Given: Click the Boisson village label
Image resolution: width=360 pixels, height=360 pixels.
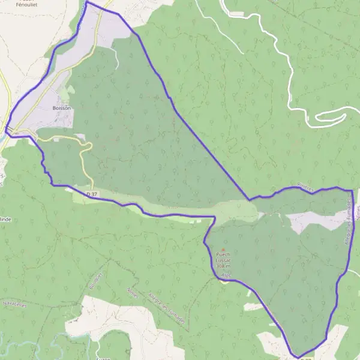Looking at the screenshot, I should click(x=62, y=109).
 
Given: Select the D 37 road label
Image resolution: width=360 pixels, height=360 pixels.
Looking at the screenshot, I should click(x=92, y=194).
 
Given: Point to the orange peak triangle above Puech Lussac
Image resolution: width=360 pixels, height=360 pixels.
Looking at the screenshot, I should click(x=224, y=250).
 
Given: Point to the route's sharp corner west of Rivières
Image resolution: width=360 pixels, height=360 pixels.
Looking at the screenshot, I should click(x=249, y=199).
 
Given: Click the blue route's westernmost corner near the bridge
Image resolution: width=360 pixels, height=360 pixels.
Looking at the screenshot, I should click(x=7, y=128).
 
